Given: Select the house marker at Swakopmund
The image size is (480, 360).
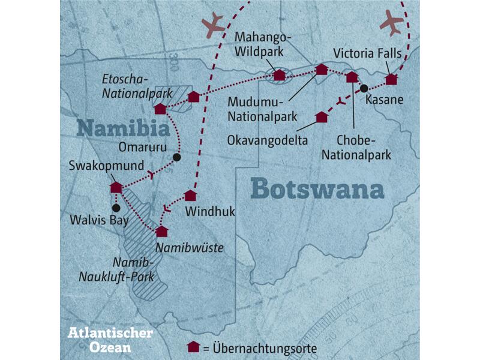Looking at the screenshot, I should [x=116, y=187].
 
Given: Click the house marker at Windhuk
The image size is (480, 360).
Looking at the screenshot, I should [x=190, y=195].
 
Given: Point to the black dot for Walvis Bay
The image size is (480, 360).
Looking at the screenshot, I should [x=116, y=208].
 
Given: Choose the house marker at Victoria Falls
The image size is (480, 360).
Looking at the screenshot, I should [x=391, y=79].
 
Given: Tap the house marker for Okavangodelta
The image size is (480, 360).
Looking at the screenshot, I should [x=322, y=116].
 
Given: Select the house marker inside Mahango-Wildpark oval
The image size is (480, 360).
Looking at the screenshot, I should [x=279, y=75].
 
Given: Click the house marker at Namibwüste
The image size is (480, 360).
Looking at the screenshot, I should [x=161, y=231].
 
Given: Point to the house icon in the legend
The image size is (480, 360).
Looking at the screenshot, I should [x=193, y=347].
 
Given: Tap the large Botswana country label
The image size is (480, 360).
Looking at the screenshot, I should [x=317, y=189].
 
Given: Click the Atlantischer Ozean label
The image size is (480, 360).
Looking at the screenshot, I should [x=110, y=339].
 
